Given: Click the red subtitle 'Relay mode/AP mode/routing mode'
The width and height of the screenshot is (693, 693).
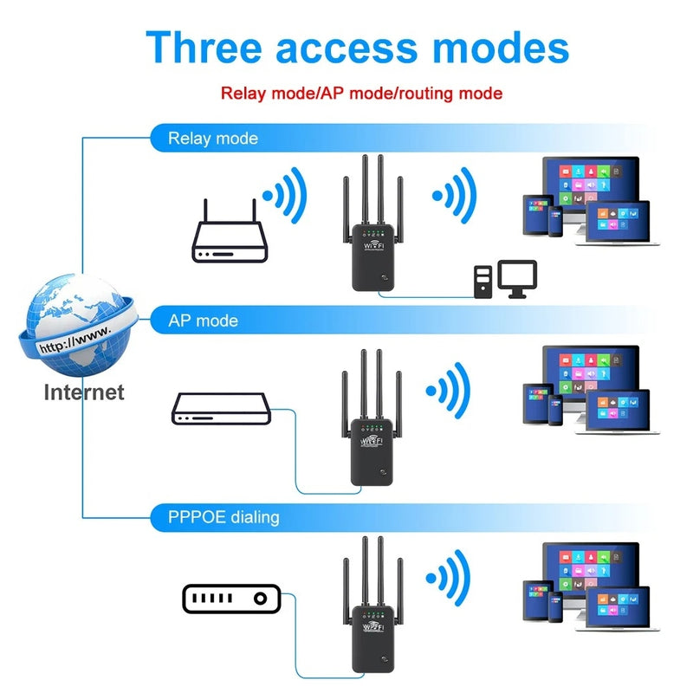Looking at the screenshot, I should coord(361,93).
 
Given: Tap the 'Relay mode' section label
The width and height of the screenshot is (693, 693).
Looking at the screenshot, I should coord(212,139).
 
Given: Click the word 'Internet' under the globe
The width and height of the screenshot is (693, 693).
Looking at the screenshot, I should coord(84,392).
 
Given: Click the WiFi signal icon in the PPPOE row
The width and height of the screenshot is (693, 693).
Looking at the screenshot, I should coord(451,576).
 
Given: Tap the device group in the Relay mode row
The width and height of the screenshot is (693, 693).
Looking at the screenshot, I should coord(580,199).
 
